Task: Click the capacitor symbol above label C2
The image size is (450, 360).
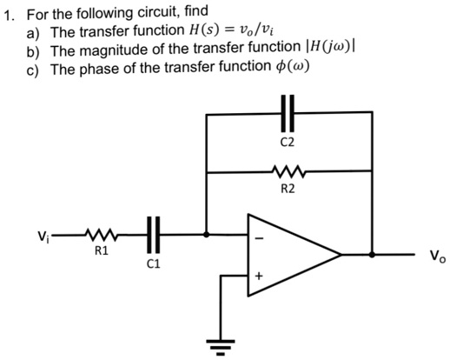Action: pyautogui.click(x=289, y=114)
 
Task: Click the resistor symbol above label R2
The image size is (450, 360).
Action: pyautogui.click(x=289, y=172)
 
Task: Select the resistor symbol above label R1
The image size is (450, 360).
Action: pyautogui.click(x=100, y=235)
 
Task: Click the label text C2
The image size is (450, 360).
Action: pyautogui.click(x=289, y=140)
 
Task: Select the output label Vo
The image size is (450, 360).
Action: pyautogui.click(x=433, y=257)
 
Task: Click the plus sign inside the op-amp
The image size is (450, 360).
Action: pyautogui.click(x=258, y=277)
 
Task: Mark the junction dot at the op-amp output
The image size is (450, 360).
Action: pyautogui.click(x=372, y=256)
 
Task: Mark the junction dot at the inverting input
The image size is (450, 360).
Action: pyautogui.click(x=206, y=235)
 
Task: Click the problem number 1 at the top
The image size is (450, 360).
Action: pyautogui.click(x=9, y=14)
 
